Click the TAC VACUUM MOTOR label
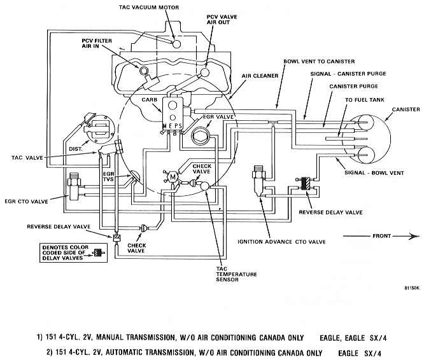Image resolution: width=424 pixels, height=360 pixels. click(x=149, y=7)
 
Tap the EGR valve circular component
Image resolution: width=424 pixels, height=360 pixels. click(x=200, y=135)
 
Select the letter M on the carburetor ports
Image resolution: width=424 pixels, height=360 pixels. click(x=166, y=126)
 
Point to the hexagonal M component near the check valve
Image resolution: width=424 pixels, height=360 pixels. click(x=173, y=177)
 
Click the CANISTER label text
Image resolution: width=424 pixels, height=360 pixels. click(x=406, y=109)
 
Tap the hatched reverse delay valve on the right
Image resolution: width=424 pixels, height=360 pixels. click(x=306, y=183)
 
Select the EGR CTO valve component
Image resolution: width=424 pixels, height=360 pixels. click(x=74, y=187)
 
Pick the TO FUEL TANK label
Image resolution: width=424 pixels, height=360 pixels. click(x=365, y=100)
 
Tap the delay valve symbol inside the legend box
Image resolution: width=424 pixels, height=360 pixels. click(x=99, y=253)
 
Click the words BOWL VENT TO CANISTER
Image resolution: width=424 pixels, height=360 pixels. click(x=319, y=62)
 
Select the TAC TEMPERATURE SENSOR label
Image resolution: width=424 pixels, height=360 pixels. click(x=236, y=274)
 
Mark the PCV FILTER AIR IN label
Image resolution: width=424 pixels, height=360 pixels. click(x=97, y=43)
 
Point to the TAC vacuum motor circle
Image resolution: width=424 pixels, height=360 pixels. click(x=176, y=44)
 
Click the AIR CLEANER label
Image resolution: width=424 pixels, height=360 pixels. click(x=260, y=76)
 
